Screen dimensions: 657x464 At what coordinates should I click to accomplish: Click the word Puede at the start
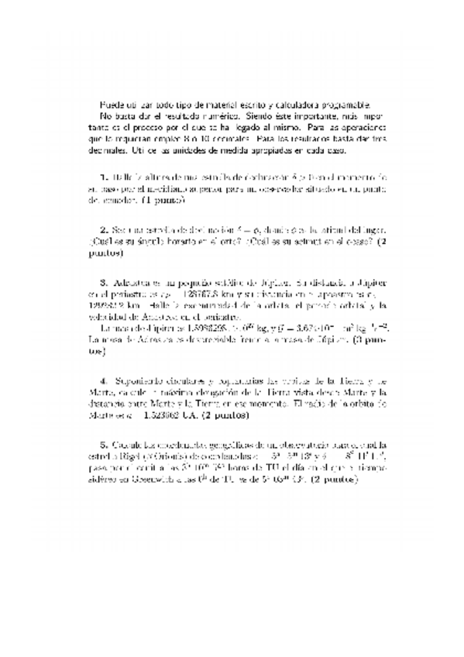pyautogui.click(x=112, y=104)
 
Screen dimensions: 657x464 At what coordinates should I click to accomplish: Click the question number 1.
pyautogui.click(x=103, y=177)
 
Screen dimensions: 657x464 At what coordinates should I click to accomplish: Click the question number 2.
pyautogui.click(x=103, y=230)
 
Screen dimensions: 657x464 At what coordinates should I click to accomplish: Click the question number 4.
pyautogui.click(x=103, y=381)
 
